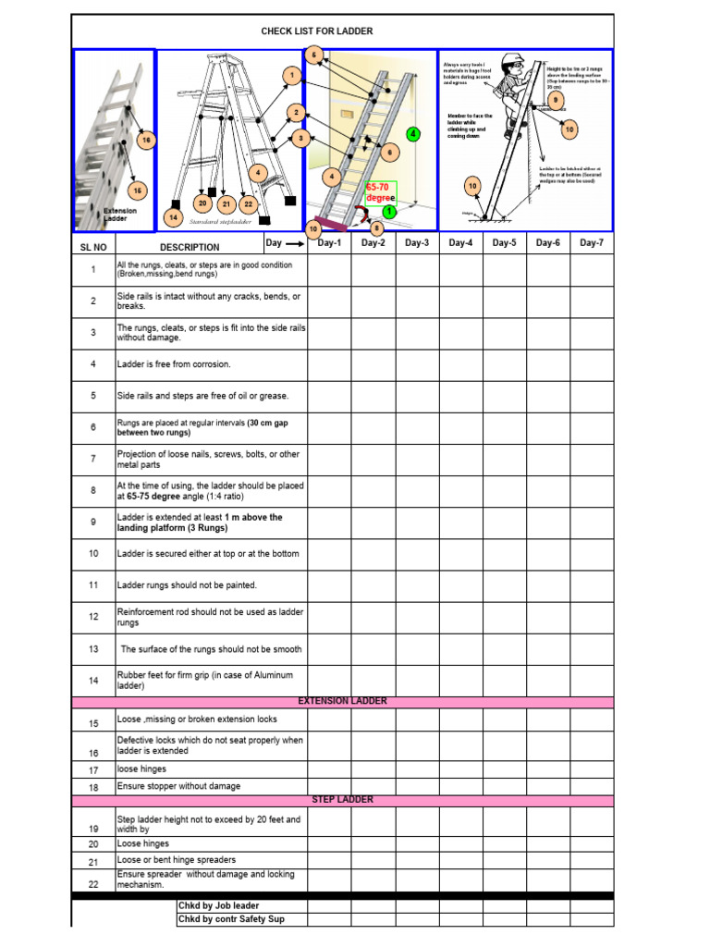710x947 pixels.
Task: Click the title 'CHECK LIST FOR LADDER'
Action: click(316, 31)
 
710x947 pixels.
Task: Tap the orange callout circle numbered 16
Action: click(145, 140)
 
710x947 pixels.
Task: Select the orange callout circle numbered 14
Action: click(172, 217)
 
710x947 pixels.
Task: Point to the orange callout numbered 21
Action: click(226, 203)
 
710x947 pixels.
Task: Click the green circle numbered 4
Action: click(413, 134)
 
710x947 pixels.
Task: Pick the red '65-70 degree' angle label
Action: click(380, 192)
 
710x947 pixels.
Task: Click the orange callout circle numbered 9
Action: click(556, 100)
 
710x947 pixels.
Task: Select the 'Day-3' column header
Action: click(417, 243)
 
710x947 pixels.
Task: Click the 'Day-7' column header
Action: click(592, 243)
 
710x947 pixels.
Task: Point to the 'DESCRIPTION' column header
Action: click(190, 247)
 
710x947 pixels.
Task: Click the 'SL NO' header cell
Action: click(93, 247)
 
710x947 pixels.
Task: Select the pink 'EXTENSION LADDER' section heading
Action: click(342, 702)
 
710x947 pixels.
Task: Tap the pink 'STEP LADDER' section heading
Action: click(342, 800)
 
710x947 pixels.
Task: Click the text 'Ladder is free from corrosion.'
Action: click(174, 364)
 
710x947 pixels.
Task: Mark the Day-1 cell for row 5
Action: click(329, 396)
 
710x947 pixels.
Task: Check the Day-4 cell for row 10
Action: click(460, 554)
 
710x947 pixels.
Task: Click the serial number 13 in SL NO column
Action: click(93, 649)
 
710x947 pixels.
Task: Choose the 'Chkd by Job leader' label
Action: click(218, 905)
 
